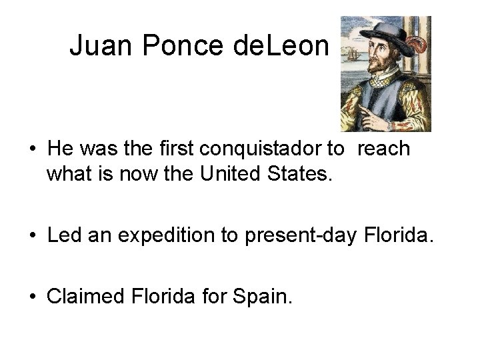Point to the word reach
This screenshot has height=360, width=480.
(383, 149)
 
